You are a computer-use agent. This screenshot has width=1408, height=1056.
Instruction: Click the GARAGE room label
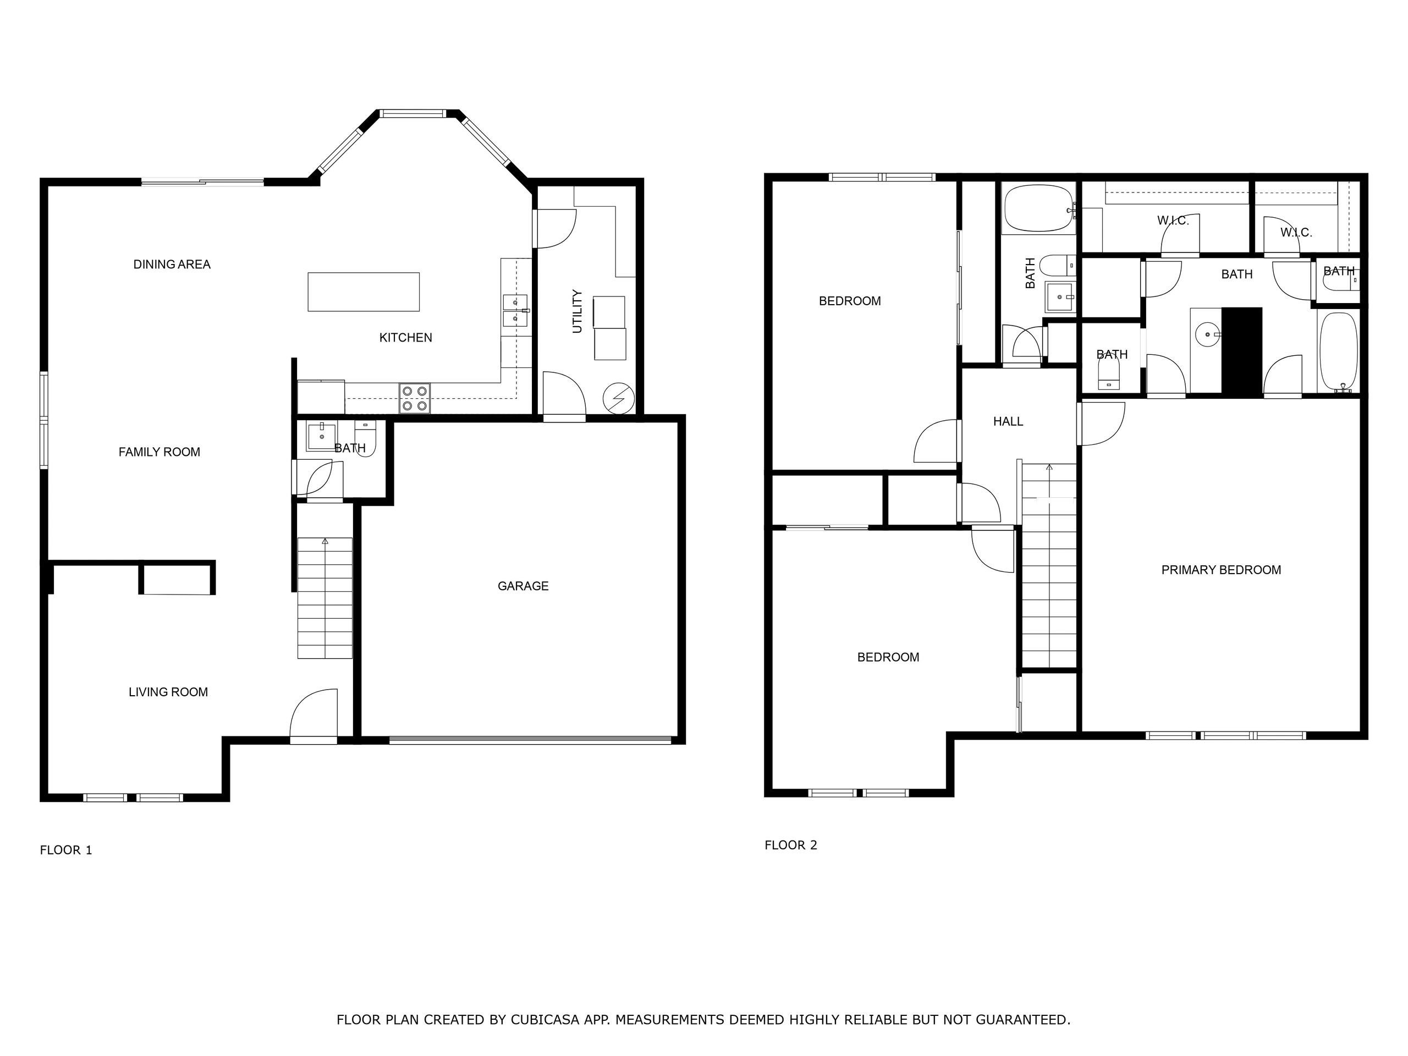[x=522, y=586]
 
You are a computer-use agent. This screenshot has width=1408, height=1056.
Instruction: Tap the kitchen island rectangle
[x=364, y=291]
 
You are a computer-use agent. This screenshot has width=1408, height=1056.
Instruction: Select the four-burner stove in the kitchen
[x=414, y=398]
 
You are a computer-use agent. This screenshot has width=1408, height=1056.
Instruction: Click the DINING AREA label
[x=172, y=264]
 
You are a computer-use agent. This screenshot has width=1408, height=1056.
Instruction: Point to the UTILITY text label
[x=577, y=311]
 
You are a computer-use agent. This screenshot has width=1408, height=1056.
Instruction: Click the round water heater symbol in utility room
[x=618, y=398]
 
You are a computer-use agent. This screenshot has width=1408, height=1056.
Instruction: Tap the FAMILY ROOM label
[x=159, y=452]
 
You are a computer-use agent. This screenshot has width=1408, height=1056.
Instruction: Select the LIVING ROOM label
[x=168, y=692]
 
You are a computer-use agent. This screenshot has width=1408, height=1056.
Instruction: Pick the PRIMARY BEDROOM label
[x=1221, y=570]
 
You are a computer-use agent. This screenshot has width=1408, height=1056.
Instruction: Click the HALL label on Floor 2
[x=1008, y=421]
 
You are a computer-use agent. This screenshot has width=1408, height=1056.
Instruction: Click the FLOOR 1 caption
[x=66, y=850]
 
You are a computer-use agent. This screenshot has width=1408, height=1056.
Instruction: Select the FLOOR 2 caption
[x=790, y=845]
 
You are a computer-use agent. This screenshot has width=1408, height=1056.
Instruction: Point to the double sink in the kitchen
[x=515, y=310]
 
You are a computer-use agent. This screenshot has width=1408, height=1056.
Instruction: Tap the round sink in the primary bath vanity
[x=1207, y=333]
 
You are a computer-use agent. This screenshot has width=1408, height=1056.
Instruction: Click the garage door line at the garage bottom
[x=530, y=740]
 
